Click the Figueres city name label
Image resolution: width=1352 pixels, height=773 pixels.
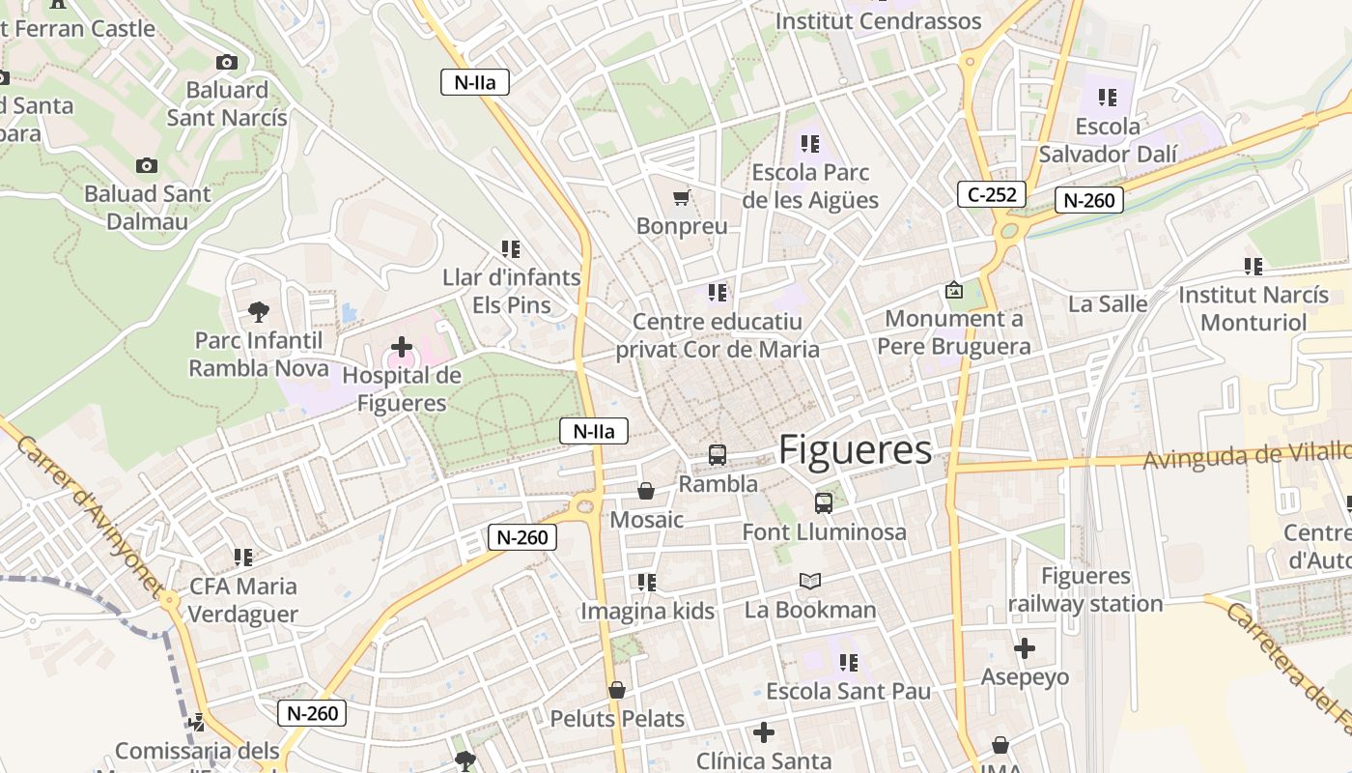tap(855, 450)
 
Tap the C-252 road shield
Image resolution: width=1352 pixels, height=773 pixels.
tap(992, 194)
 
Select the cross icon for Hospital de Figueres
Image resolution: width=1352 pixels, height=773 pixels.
tap(401, 346)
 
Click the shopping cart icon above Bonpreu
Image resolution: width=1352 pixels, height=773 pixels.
tap(681, 198)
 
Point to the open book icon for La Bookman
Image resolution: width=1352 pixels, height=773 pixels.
tap(810, 581)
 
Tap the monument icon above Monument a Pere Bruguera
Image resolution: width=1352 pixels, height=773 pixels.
tap(953, 290)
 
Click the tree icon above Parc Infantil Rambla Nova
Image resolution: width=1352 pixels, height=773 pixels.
tap(258, 311)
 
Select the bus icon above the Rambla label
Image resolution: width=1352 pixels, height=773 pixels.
tap(717, 454)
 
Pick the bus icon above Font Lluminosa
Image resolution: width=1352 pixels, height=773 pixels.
tap(823, 502)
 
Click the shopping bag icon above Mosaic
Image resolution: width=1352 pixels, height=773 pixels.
tap(646, 491)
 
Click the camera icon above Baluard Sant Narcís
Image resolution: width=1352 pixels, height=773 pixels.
tap(227, 62)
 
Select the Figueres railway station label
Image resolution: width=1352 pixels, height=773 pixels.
tap(1085, 590)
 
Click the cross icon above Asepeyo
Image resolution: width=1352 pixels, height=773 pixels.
tap(1025, 648)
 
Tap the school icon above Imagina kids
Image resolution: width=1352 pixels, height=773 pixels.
tap(646, 582)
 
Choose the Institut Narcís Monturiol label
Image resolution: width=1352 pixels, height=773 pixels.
tap(1253, 308)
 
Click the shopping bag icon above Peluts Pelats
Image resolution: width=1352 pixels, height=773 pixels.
tap(616, 690)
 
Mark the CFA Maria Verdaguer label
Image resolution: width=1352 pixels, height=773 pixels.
tap(242, 600)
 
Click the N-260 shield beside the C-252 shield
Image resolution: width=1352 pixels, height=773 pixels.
tap(1089, 200)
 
